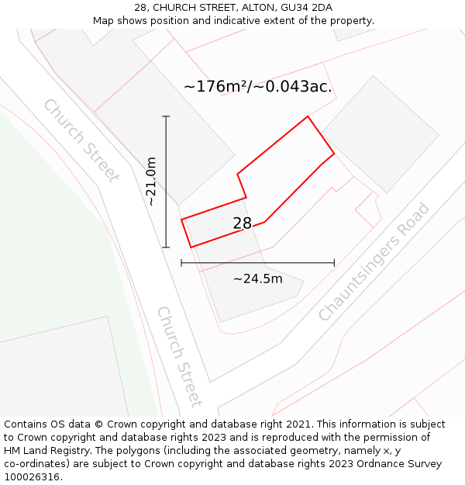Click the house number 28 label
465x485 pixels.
pos(242,223)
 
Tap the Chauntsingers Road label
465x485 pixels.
pos(374,262)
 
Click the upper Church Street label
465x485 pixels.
pos(81,140)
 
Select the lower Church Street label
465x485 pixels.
pos(180,356)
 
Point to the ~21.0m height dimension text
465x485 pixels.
pos(151,182)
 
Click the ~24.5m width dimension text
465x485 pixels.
pos(257,279)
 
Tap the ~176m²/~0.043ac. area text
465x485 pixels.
pos(258,86)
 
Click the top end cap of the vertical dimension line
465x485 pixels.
pos(166,116)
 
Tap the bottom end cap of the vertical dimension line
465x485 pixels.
pos(166,248)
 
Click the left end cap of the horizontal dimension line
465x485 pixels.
pos(181,263)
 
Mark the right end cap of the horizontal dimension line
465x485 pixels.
pos(334,263)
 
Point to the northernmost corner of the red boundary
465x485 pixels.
pos(308,116)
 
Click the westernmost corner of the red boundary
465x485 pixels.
pos(181,220)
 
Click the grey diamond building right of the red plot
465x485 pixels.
pos(380,134)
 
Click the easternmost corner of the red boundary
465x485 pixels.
pos(334,154)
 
